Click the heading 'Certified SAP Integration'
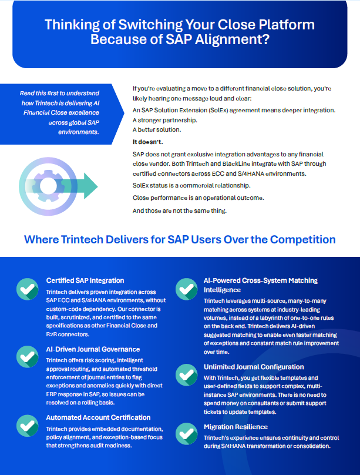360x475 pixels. click(85, 280)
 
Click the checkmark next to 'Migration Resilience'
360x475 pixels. click(187, 433)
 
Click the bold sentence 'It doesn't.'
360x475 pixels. click(148, 142)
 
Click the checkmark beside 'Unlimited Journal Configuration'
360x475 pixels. click(187, 374)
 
